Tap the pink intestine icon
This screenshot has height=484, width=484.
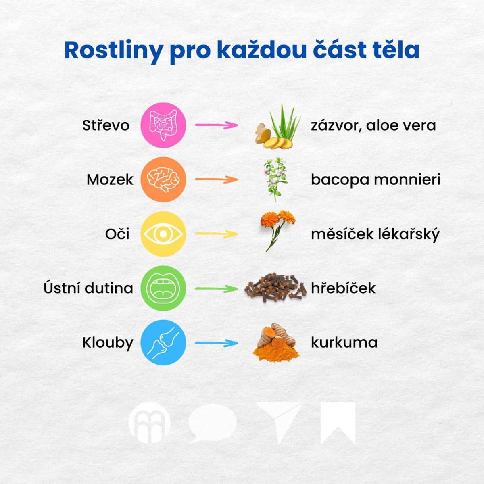pyautogui.click(x=163, y=125)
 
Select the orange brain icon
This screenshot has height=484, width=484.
pyautogui.click(x=163, y=179)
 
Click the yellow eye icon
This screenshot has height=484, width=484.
pyautogui.click(x=163, y=234)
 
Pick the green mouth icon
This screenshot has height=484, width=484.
pyautogui.click(x=163, y=288)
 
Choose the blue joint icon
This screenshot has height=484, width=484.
pyautogui.click(x=163, y=342)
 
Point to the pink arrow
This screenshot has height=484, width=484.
pyautogui.click(x=216, y=125)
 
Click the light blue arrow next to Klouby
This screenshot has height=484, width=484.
pyautogui.click(x=216, y=343)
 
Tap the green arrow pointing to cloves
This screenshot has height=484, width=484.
pyautogui.click(x=216, y=289)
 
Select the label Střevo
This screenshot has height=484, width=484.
pyautogui.click(x=106, y=125)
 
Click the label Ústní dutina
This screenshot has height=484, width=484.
pyautogui.click(x=88, y=288)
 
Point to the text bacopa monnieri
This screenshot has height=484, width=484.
pyautogui.click(x=376, y=180)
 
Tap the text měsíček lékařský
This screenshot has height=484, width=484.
pyautogui.click(x=375, y=234)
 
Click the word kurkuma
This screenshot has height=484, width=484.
pyautogui.click(x=344, y=342)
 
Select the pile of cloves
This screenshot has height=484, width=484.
pyautogui.click(x=275, y=287)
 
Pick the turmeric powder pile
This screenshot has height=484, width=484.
pyautogui.click(x=276, y=353)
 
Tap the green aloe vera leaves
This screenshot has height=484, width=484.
pyautogui.click(x=285, y=121)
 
